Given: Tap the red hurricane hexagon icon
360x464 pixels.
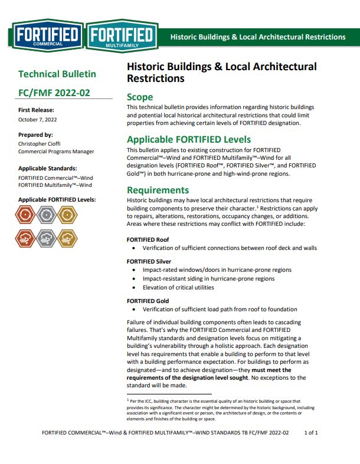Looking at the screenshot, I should [25, 215].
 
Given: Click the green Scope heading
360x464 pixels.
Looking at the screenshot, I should [140, 97].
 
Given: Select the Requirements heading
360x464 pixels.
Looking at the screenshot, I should [158, 190].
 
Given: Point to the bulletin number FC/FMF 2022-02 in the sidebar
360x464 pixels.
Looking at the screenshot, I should [54, 93].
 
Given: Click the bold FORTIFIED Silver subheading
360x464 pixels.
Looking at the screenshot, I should [149, 261].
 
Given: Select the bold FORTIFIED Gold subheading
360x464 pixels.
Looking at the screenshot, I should [148, 301].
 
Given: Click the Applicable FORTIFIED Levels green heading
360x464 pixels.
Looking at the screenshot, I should [189, 140].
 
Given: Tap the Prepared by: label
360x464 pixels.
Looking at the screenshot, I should [35, 135].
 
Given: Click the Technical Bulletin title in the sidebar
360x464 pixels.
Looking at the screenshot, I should [57, 74].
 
